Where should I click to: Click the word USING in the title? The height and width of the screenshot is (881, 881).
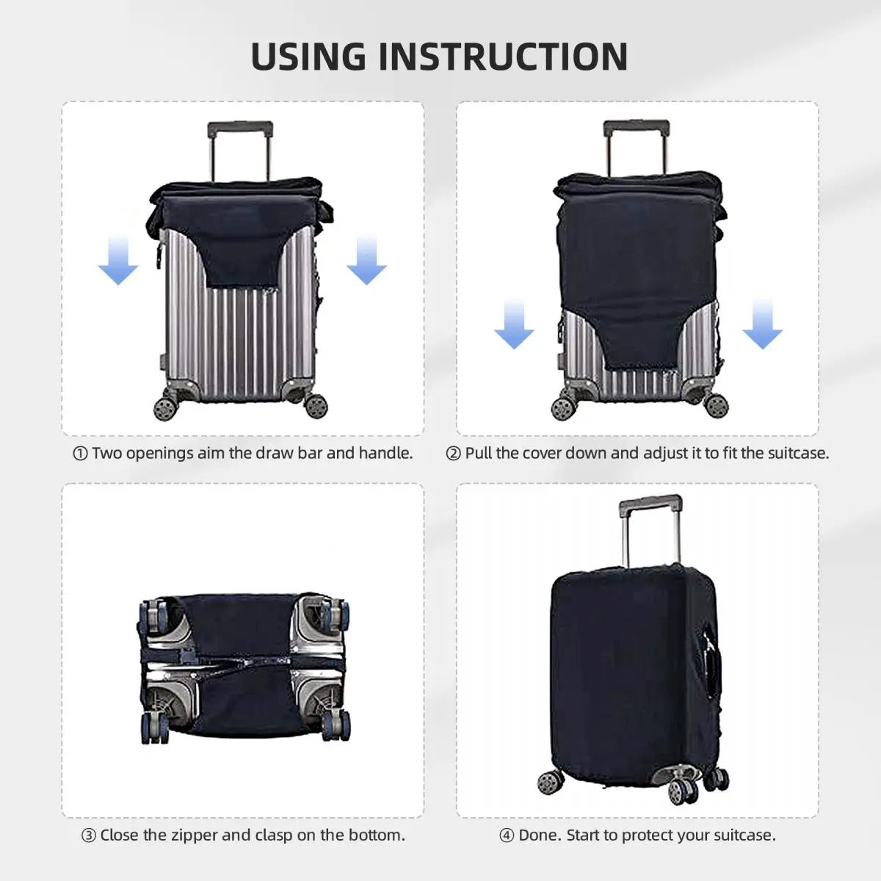coord(308,57)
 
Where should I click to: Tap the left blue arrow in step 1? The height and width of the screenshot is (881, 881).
coord(118,261)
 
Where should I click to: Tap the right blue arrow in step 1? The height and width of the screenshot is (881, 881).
coord(366,261)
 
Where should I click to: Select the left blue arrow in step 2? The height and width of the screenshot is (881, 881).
coord(514,325)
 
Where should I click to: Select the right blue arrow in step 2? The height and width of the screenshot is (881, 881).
coord(762,325)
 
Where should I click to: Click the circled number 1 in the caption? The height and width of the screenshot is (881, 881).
coord(81,454)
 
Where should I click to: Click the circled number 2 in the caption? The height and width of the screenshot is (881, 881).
coord(454,454)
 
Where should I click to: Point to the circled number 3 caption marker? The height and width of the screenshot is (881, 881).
coord(89,835)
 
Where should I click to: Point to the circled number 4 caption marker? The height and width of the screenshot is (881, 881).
coord(507,835)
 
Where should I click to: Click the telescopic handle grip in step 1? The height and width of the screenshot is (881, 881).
coord(240,129)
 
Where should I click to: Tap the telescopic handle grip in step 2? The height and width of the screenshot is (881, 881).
coord(637,127)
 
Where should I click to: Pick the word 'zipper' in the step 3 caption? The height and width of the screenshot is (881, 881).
coord(194,835)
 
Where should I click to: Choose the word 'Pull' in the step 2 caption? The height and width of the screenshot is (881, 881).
coord(478,453)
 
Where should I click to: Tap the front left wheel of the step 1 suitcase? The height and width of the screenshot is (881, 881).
coord(165,407)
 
